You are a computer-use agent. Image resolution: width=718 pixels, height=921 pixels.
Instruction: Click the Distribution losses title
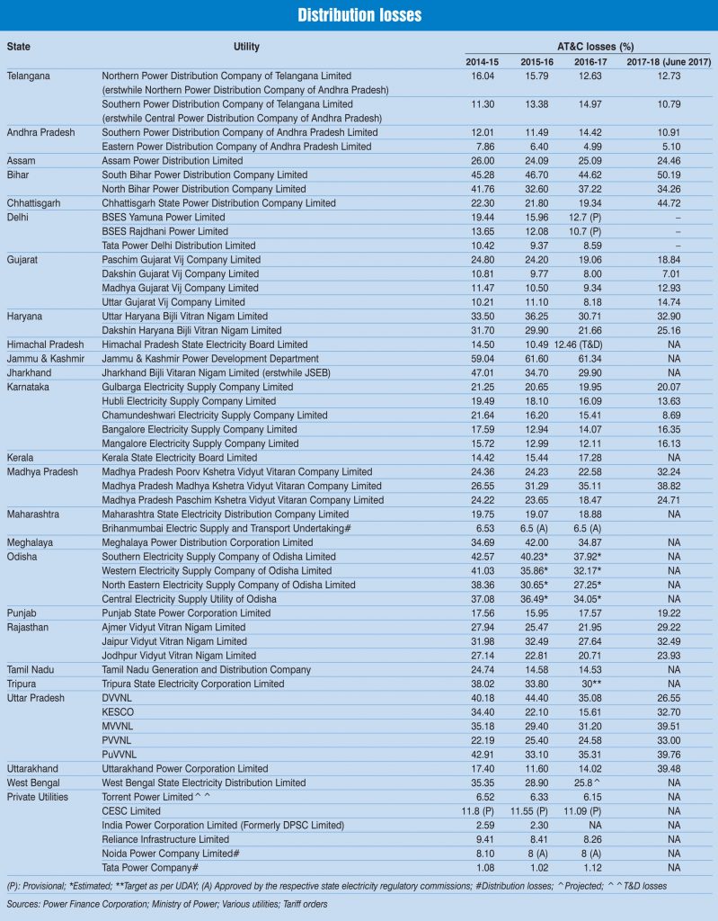click(x=359, y=15)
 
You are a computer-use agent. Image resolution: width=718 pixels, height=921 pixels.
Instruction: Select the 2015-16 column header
click(x=537, y=60)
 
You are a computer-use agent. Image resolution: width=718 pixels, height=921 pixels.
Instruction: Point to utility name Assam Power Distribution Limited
click(x=173, y=160)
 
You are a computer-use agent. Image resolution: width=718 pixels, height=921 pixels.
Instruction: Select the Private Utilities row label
click(x=43, y=797)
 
